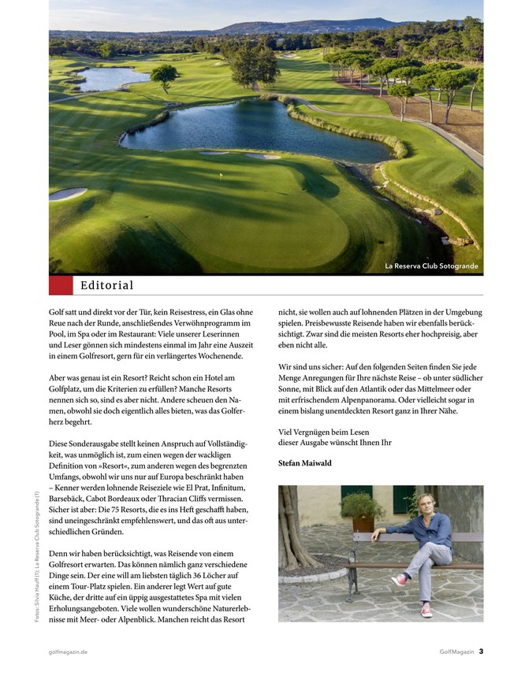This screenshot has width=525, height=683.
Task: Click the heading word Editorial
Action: tap(107, 285)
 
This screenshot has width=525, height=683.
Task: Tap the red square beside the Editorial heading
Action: tap(61, 285)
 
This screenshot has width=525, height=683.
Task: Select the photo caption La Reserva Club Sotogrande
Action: tap(431, 266)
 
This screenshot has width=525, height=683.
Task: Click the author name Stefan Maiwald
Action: tap(305, 463)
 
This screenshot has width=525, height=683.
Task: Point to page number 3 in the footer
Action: tap(481, 651)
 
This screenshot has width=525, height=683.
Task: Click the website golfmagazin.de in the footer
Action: tap(68, 651)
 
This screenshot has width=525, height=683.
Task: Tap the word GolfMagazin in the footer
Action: tap(456, 651)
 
